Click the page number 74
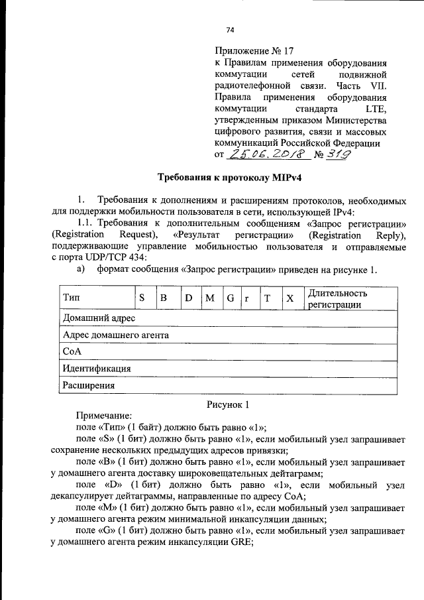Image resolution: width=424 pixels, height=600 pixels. (x=230, y=30)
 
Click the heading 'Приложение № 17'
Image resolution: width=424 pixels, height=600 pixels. (x=254, y=50)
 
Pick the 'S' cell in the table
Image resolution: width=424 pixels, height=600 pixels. (x=142, y=299)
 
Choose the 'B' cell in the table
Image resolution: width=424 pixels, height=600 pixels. (x=163, y=299)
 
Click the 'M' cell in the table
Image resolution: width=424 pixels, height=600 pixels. (x=210, y=299)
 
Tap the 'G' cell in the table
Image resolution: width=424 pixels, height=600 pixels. (x=230, y=299)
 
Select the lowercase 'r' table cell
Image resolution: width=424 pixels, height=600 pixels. (x=247, y=299)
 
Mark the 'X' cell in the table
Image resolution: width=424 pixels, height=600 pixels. (x=290, y=299)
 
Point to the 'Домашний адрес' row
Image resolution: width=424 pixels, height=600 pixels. (x=99, y=319)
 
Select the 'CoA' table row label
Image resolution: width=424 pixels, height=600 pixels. (x=72, y=352)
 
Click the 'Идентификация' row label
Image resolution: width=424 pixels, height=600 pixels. (x=96, y=369)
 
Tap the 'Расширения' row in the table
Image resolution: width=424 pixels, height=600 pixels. (x=89, y=385)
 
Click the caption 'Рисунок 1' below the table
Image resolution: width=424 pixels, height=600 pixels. (x=227, y=404)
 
